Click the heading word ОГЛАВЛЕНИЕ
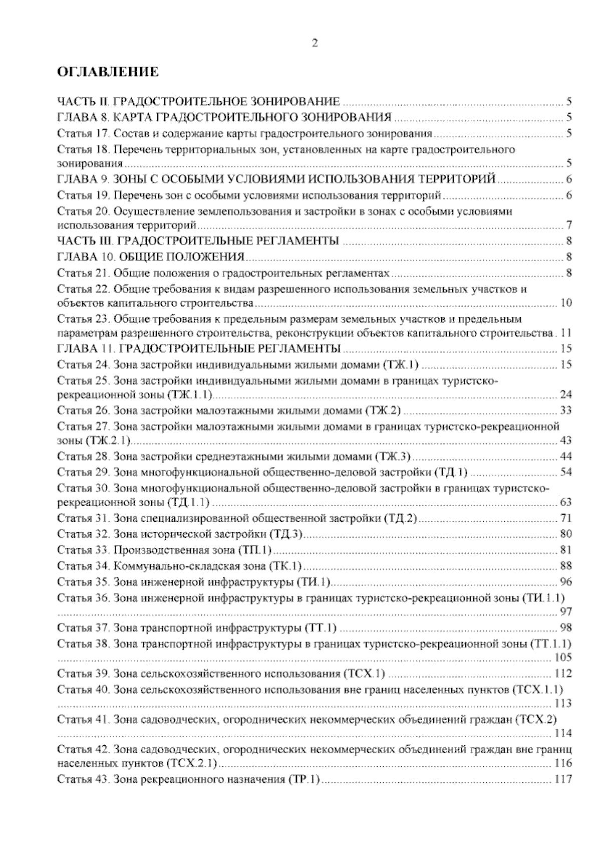pos(108,72)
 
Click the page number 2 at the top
pos(315,44)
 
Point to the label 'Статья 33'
pos(83,550)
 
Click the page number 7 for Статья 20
pos(569,225)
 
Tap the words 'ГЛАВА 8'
pos(80,118)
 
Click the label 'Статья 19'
pos(83,195)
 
